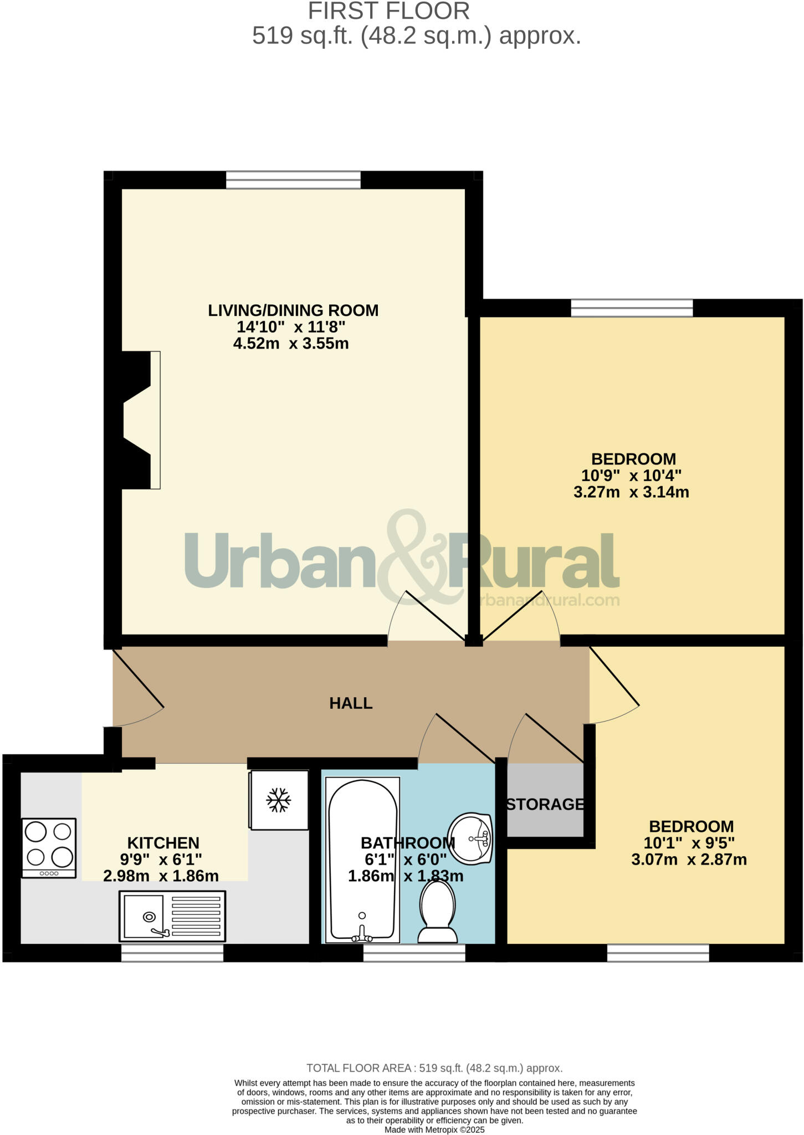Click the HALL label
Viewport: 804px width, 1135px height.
point(351,703)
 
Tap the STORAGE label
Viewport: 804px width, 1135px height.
point(545,804)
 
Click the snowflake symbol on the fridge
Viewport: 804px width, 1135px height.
point(278,800)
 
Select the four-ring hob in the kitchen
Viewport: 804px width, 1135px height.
point(49,847)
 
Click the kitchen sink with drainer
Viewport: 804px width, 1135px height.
point(172,916)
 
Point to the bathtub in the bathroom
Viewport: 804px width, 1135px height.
point(362,860)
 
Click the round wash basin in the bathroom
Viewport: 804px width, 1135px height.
point(470,839)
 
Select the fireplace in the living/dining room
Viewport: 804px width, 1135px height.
point(139,420)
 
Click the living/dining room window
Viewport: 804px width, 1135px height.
point(293,180)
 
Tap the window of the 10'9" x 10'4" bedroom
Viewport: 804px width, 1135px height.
point(632,308)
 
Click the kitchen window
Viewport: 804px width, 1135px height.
point(172,953)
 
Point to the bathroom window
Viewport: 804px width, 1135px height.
point(414,953)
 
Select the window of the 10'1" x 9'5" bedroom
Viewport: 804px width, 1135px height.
point(658,953)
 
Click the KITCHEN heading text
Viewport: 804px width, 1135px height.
point(163,843)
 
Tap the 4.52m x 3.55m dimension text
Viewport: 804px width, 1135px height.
point(291,344)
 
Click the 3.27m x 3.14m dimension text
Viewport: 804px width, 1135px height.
point(631,492)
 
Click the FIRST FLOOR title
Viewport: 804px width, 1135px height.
point(389,12)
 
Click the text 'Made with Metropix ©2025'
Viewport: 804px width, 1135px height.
point(434,1129)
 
